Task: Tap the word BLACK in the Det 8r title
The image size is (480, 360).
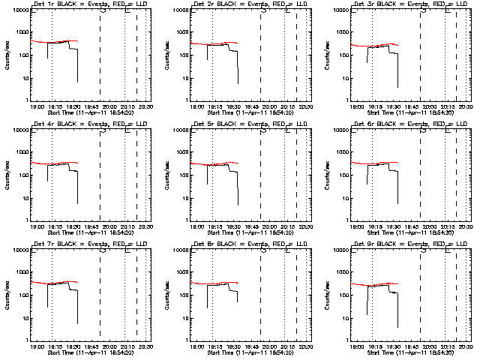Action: (x=226, y=244)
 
